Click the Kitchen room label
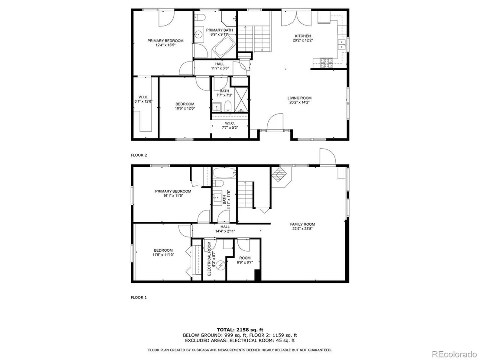tap(303, 38)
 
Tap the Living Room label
tap(299, 100)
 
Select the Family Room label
tap(302, 226)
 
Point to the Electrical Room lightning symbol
tap(221, 266)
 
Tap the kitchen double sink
tap(342, 44)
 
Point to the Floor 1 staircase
tap(246, 195)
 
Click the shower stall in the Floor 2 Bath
tap(241, 100)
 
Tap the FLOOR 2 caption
tap(139, 155)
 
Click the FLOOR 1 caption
tap(139, 297)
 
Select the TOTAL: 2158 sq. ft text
tap(240, 330)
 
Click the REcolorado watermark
tap(454, 354)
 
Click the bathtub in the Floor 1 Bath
tap(224, 173)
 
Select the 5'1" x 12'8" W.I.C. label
tap(143, 99)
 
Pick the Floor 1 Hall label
tap(225, 229)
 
